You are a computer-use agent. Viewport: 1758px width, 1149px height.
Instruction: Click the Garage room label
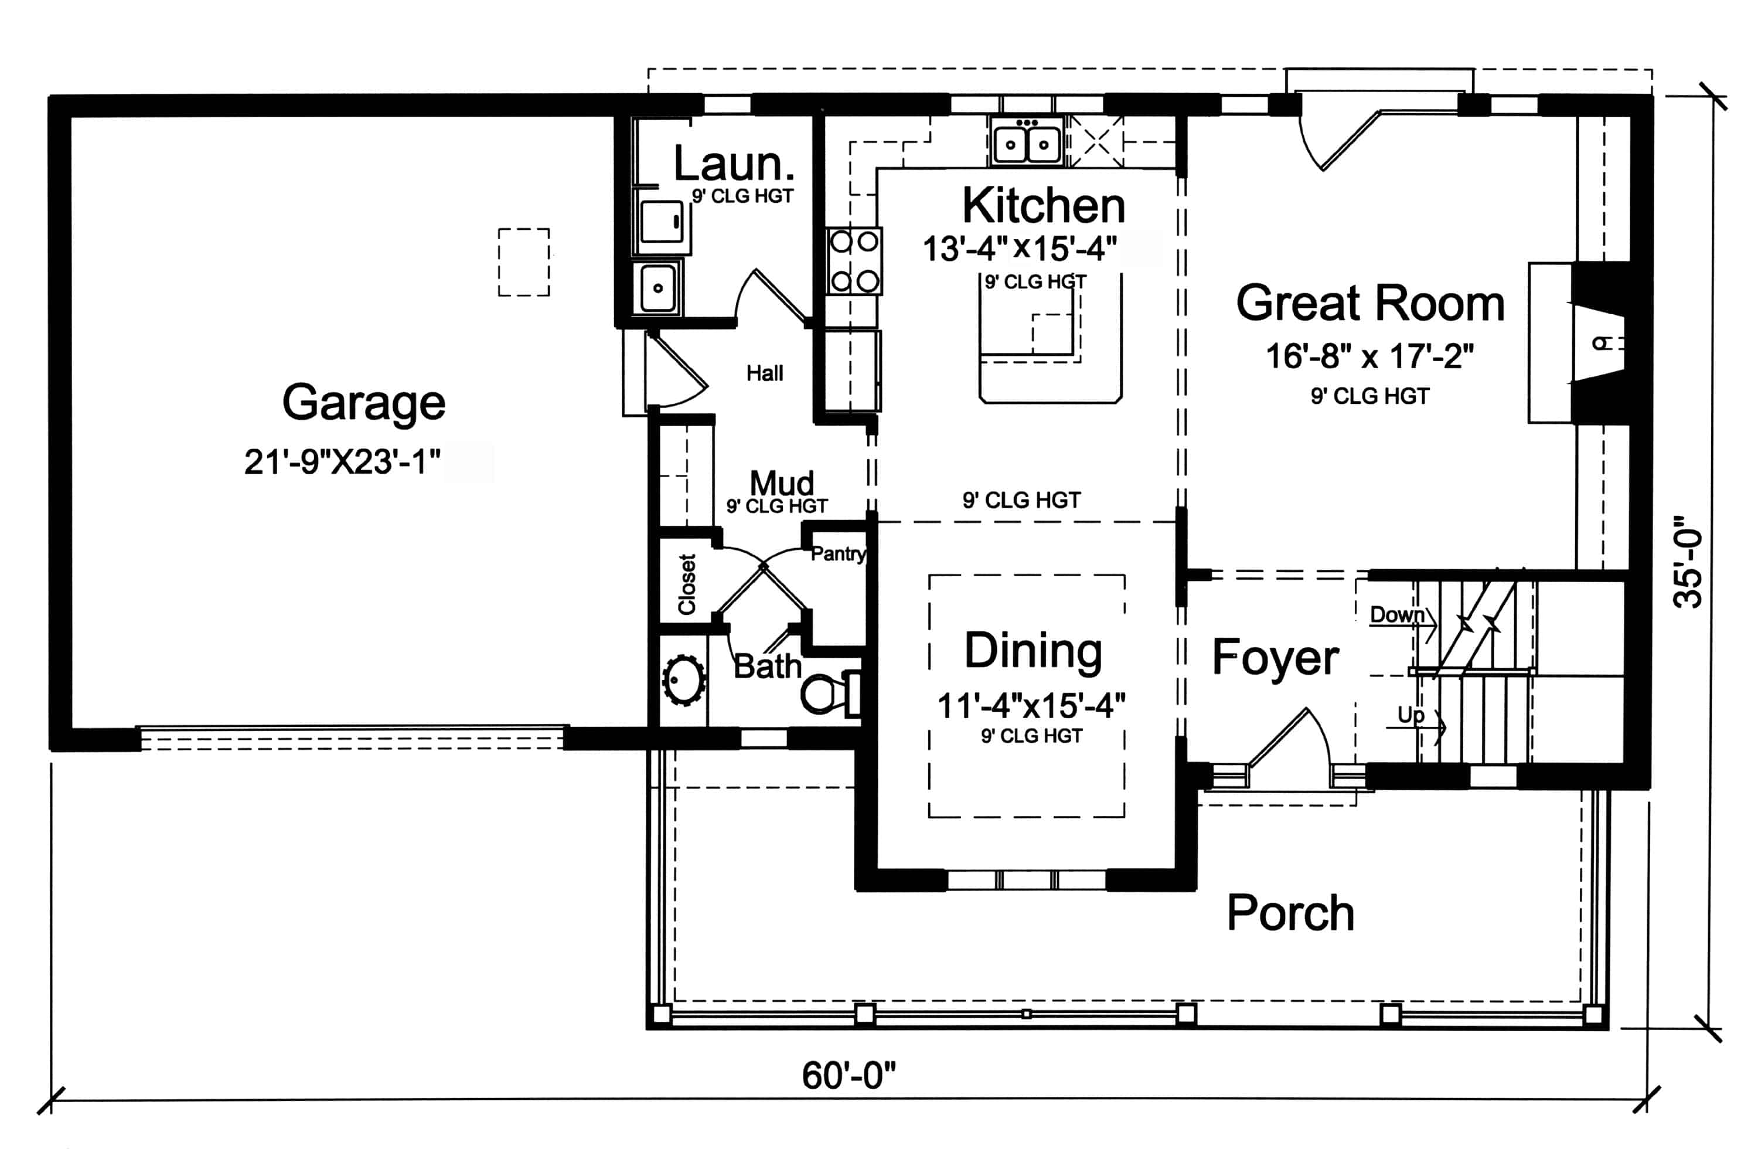[363, 403]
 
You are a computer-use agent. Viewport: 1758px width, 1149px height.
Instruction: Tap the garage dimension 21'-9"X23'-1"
[342, 463]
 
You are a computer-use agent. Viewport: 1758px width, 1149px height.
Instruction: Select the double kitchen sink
[1026, 144]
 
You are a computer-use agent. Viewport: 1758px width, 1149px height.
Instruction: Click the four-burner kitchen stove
[854, 261]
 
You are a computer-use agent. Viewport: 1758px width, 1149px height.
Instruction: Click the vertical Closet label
[687, 584]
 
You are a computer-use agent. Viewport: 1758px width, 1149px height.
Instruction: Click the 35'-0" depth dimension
[1689, 562]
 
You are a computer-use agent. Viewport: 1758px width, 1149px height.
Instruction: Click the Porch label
[1290, 913]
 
